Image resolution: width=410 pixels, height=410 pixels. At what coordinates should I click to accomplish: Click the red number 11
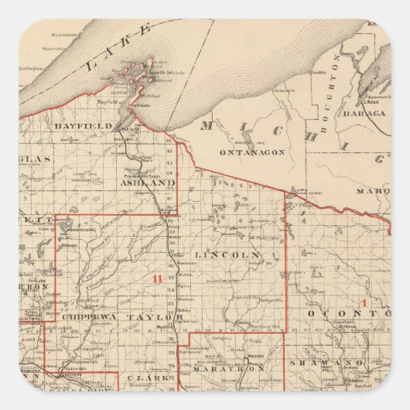[x=158, y=279]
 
